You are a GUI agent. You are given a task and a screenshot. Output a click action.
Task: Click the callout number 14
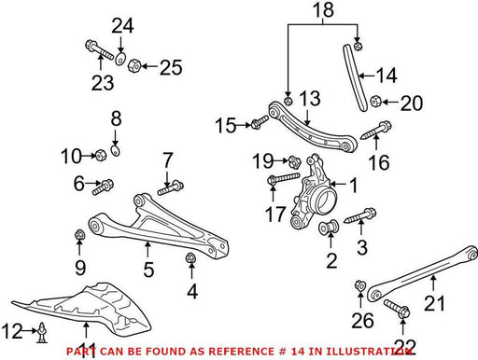387,76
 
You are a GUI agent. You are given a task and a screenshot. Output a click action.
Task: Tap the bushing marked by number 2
329,227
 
